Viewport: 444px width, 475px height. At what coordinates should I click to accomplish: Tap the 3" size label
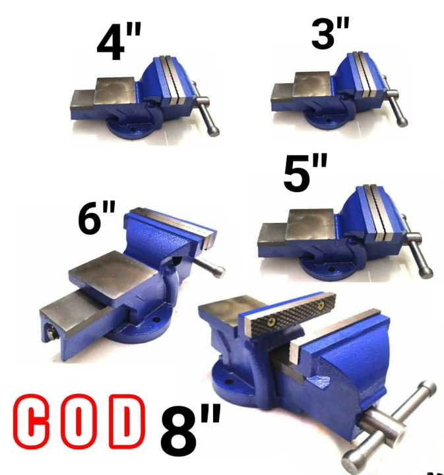tap(331, 32)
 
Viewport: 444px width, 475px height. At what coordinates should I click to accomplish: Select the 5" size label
tap(305, 173)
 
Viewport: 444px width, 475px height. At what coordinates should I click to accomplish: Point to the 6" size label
tap(96, 217)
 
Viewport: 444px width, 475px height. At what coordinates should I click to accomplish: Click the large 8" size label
tap(190, 430)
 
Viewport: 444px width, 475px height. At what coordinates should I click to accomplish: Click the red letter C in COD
tap(32, 422)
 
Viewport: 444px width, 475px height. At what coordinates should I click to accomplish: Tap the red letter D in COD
tap(126, 422)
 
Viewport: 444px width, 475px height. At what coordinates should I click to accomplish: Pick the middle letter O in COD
tap(79, 422)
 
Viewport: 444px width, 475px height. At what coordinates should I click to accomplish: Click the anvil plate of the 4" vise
tap(115, 90)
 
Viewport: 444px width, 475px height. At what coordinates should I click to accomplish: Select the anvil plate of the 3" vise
tap(312, 84)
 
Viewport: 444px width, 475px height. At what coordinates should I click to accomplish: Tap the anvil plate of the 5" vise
tap(310, 224)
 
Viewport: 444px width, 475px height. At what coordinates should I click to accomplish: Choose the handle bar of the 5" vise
tap(420, 255)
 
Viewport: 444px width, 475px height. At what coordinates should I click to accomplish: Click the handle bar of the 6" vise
tap(209, 267)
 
